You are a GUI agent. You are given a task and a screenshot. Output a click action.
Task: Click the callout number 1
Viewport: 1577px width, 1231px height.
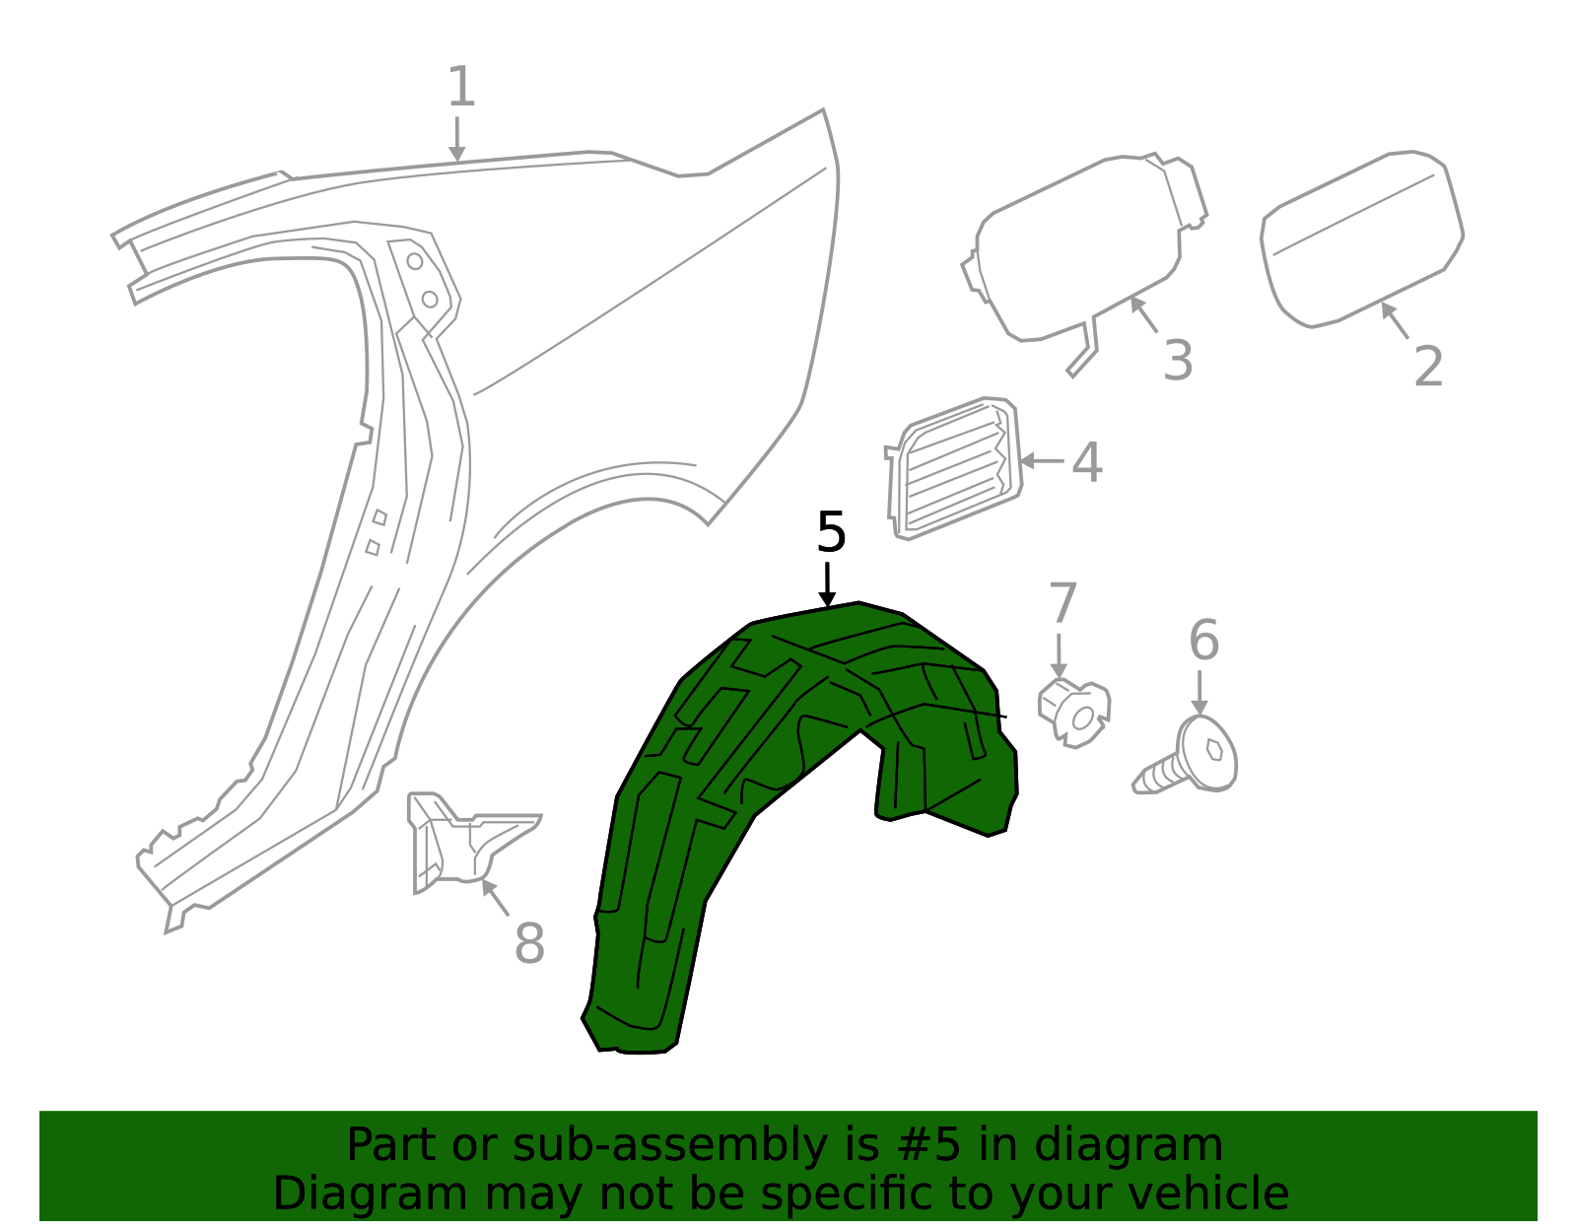coord(460,88)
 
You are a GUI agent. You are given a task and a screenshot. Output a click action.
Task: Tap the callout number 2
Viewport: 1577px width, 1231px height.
coord(1428,367)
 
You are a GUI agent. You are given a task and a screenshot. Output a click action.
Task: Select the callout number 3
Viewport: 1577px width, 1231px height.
coord(1178,361)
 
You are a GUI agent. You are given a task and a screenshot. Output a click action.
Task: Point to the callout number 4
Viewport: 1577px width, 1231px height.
coord(1086,462)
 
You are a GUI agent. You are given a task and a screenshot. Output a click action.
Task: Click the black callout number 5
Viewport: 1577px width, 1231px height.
coord(831,533)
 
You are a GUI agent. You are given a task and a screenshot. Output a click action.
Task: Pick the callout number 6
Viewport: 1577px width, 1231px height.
coord(1203,642)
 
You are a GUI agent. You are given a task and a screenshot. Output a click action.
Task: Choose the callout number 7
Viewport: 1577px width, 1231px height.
coord(1063,603)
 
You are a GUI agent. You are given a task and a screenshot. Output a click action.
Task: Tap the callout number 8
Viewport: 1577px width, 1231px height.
coord(529,944)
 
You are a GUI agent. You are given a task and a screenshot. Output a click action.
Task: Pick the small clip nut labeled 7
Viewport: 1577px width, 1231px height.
coord(1073,710)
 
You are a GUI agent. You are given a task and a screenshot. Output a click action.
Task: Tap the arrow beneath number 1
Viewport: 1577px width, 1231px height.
coord(456,138)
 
